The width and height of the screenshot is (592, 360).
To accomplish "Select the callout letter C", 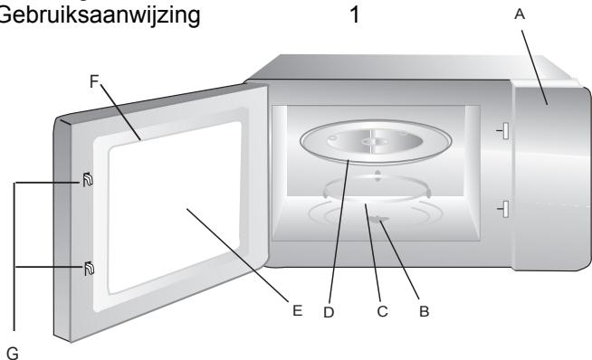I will tap(382, 314).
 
